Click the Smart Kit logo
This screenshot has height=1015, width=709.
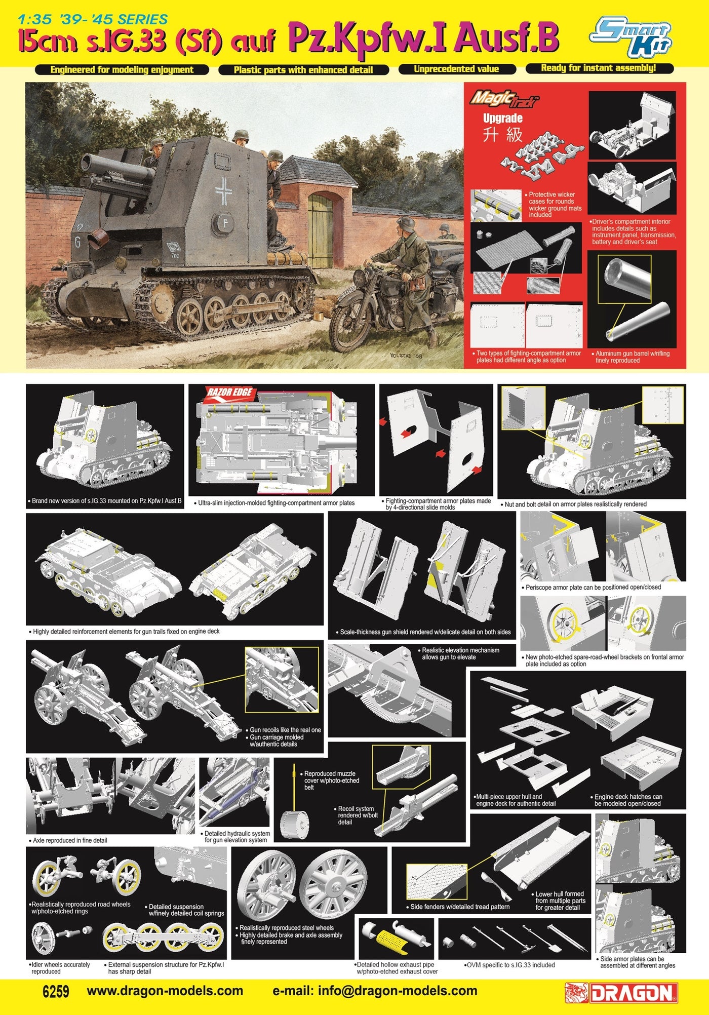point(631,35)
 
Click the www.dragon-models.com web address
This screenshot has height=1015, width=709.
point(165,991)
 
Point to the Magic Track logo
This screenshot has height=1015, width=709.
point(505,98)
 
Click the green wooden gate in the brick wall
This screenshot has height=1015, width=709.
point(320,230)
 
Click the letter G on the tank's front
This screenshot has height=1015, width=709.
point(77,242)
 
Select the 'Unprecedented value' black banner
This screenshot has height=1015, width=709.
point(456,69)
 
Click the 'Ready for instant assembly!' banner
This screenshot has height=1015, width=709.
point(599,68)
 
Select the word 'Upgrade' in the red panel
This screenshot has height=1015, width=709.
point(502,119)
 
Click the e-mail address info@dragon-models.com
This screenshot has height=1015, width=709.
point(375,991)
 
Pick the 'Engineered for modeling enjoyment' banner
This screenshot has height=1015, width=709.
point(122,70)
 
